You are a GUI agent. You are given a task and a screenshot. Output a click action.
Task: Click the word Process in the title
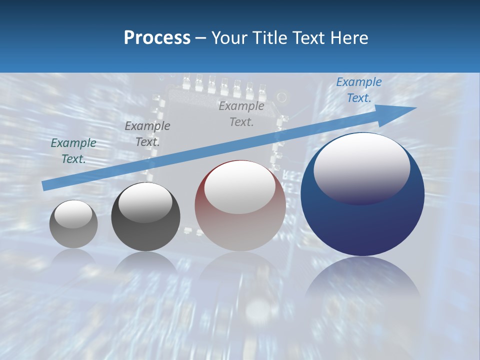[157, 37]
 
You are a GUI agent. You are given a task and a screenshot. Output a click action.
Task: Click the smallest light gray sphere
[73, 224]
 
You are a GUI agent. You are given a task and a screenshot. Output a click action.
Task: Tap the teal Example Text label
[73, 151]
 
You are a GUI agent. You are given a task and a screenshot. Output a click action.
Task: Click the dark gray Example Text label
[147, 134]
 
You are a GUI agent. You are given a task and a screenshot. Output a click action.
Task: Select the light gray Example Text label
[241, 114]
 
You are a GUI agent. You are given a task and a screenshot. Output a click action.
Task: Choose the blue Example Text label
[359, 90]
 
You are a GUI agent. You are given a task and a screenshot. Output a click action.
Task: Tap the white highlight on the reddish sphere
[240, 186]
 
